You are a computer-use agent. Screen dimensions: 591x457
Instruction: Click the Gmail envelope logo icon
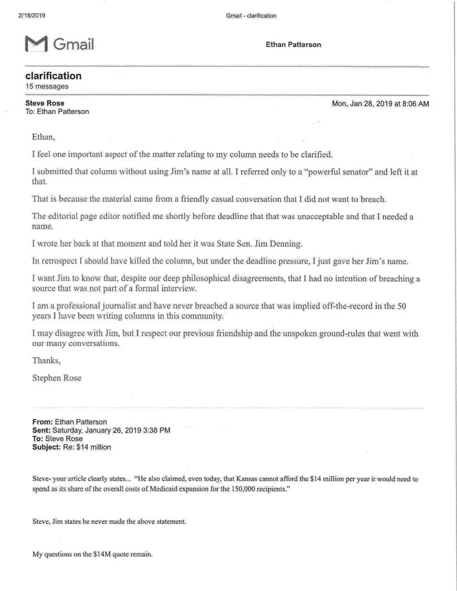[x=36, y=44]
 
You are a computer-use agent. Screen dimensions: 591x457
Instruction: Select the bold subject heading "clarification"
[x=53, y=76]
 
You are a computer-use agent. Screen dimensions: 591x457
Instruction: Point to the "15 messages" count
[x=46, y=86]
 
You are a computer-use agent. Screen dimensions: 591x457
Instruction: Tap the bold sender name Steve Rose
[x=44, y=103]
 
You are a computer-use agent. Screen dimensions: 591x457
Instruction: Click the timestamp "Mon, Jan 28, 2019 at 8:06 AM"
[x=381, y=104]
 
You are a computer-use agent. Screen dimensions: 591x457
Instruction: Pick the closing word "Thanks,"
[x=46, y=360]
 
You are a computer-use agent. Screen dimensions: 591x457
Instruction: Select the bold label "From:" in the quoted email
[x=43, y=422]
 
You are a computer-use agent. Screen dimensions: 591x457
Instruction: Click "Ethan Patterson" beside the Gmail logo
[x=293, y=44]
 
